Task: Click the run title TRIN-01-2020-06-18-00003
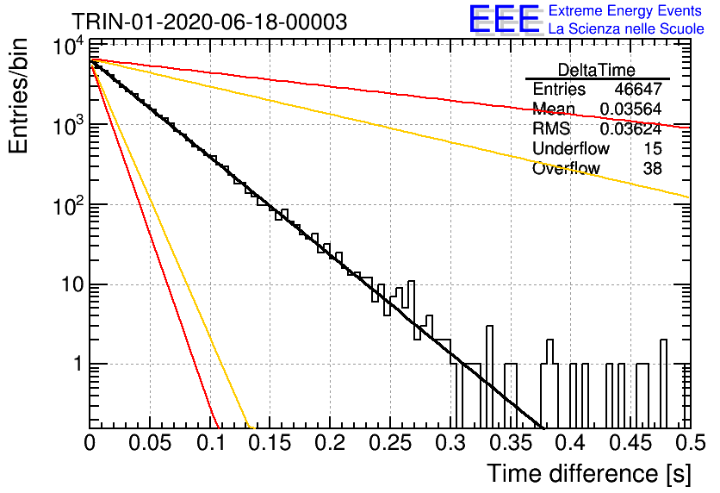click(x=209, y=22)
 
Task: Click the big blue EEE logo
click(x=505, y=19)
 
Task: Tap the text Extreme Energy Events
click(x=625, y=10)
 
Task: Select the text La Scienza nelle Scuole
click(x=626, y=28)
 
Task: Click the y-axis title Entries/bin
click(x=18, y=96)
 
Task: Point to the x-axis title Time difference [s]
click(x=588, y=473)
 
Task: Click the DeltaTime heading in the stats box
click(x=596, y=70)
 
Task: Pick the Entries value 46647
click(x=638, y=89)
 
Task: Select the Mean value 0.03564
click(x=630, y=109)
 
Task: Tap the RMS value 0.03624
click(x=630, y=128)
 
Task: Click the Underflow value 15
click(x=653, y=148)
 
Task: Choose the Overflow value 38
click(x=653, y=169)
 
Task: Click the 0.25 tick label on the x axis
click(x=390, y=443)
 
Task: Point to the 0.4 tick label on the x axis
click(x=571, y=443)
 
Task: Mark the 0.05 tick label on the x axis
click(x=150, y=443)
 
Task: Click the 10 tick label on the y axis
click(x=71, y=285)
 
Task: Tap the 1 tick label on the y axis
click(x=78, y=365)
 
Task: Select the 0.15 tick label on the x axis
click(x=270, y=443)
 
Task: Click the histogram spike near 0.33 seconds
click(x=489, y=377)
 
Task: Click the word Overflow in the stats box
click(x=566, y=169)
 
